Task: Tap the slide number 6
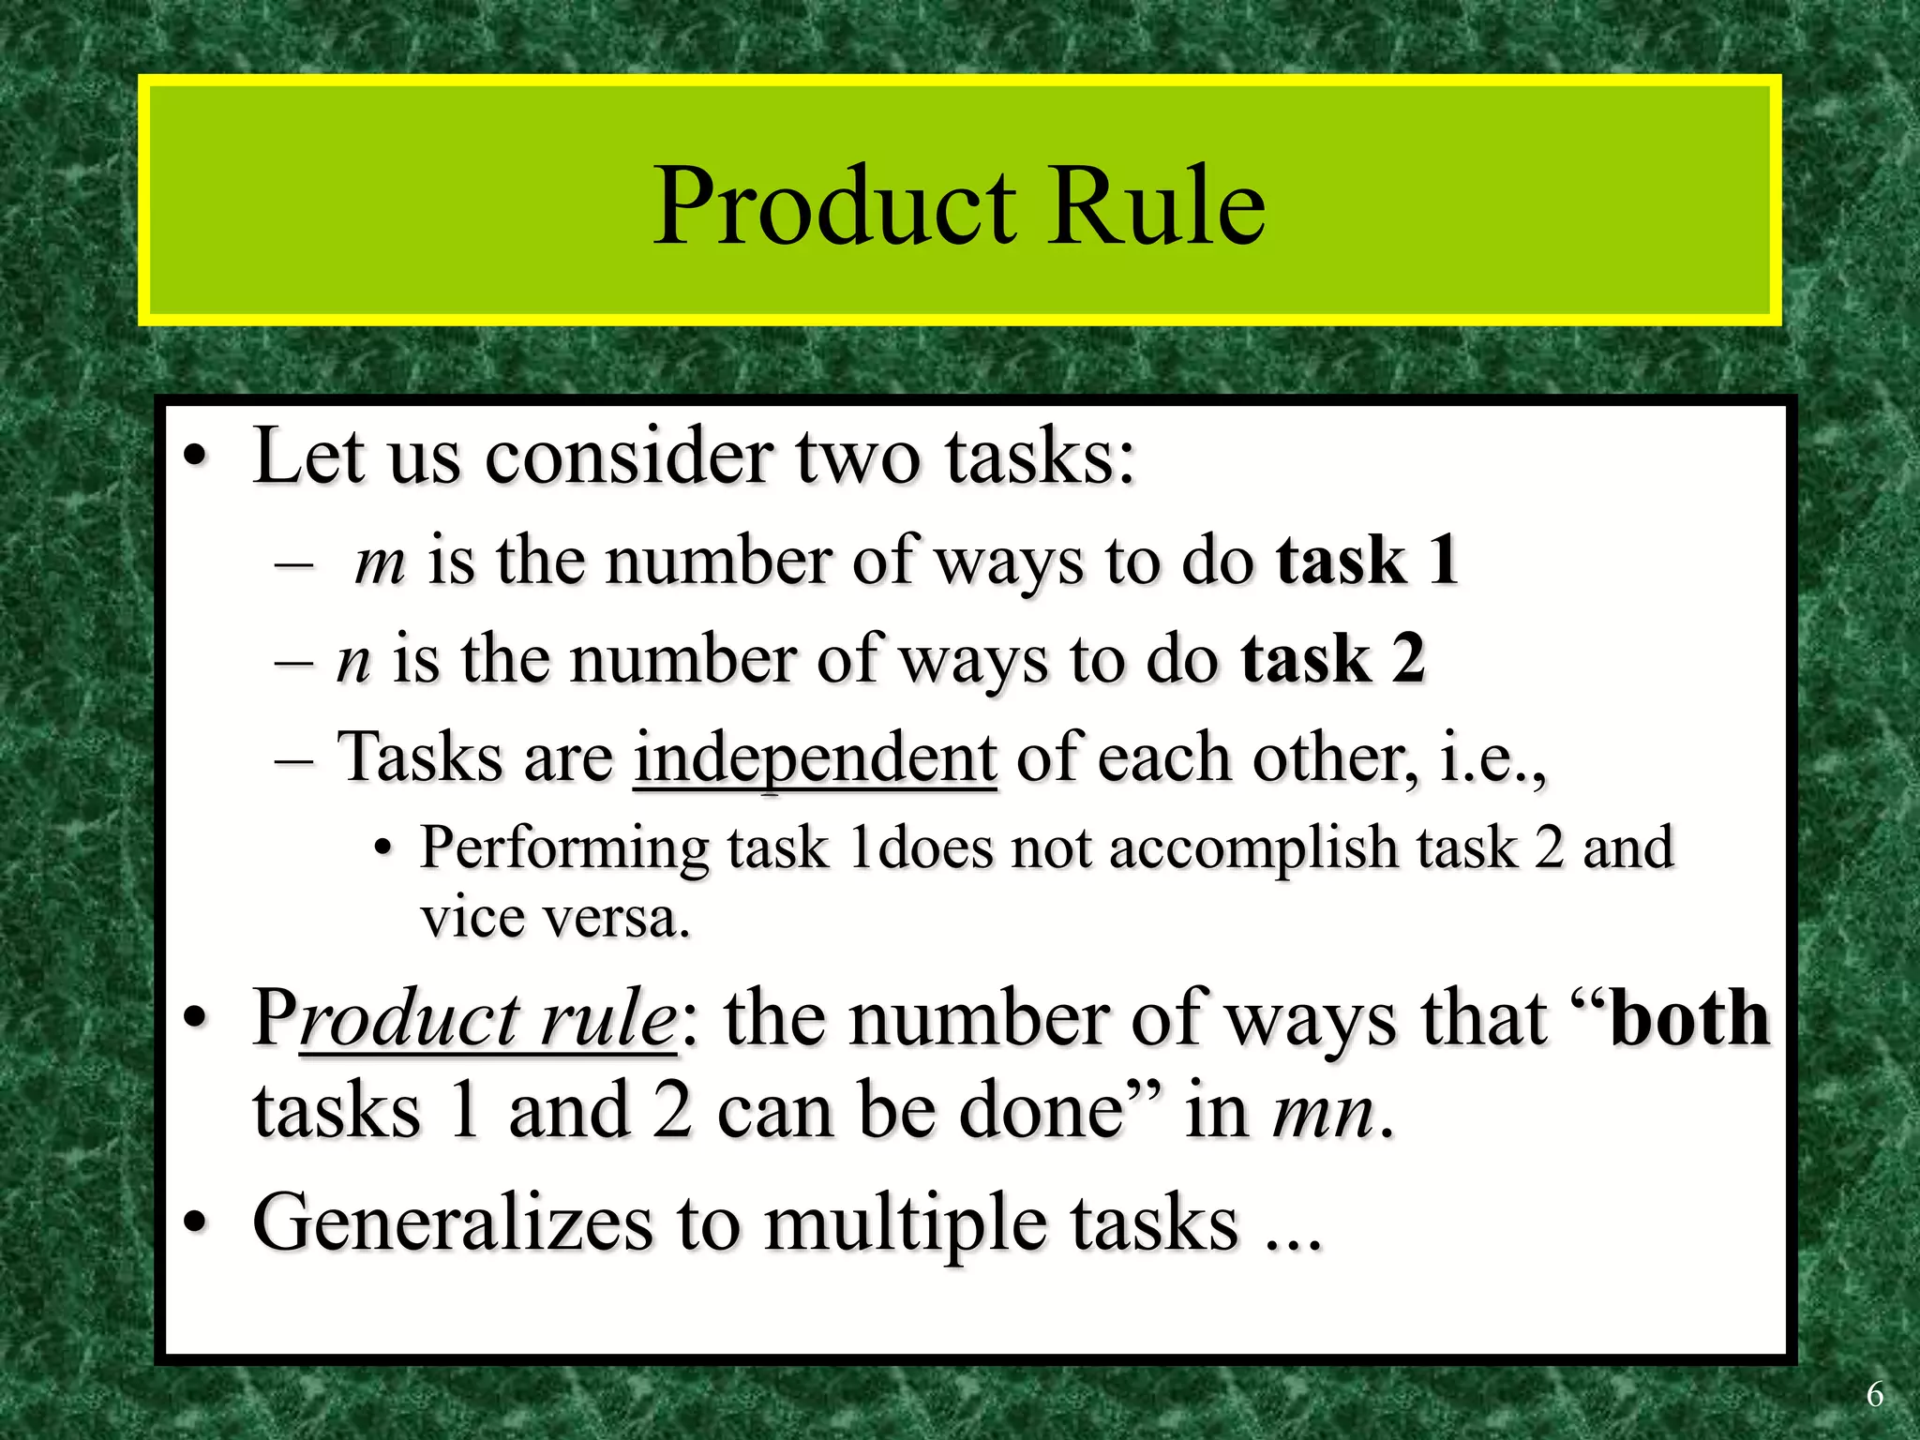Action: tap(1874, 1395)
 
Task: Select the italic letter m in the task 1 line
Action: tap(381, 562)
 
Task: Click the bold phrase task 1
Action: tap(1367, 561)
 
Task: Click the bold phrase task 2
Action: tap(1333, 658)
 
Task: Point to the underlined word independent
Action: tap(815, 757)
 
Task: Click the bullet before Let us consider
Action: tap(194, 458)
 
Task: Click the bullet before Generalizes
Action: tap(194, 1222)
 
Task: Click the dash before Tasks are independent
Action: tap(293, 759)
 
